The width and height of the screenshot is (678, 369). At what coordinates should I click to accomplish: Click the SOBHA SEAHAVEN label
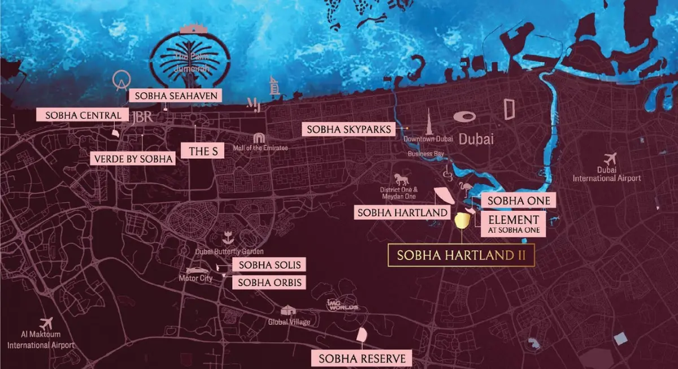[175, 95]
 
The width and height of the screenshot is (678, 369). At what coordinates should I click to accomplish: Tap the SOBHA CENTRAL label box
[79, 115]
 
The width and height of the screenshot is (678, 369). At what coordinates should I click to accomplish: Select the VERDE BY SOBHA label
[132, 159]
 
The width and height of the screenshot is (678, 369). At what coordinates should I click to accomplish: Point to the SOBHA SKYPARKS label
[349, 129]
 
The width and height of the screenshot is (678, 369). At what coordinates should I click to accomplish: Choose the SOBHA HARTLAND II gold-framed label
[461, 255]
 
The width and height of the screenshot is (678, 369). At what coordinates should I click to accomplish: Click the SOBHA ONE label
[519, 201]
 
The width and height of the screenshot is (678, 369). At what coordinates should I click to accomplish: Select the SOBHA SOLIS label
[269, 264]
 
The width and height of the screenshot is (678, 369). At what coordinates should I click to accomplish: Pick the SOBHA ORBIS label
[270, 282]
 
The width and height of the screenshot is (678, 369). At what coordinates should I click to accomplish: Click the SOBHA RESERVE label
[362, 358]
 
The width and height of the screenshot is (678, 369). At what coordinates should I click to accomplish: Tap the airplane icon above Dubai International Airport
[609, 159]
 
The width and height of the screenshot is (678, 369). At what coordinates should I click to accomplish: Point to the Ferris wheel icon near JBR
[119, 80]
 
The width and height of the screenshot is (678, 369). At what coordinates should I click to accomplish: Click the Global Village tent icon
[289, 310]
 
